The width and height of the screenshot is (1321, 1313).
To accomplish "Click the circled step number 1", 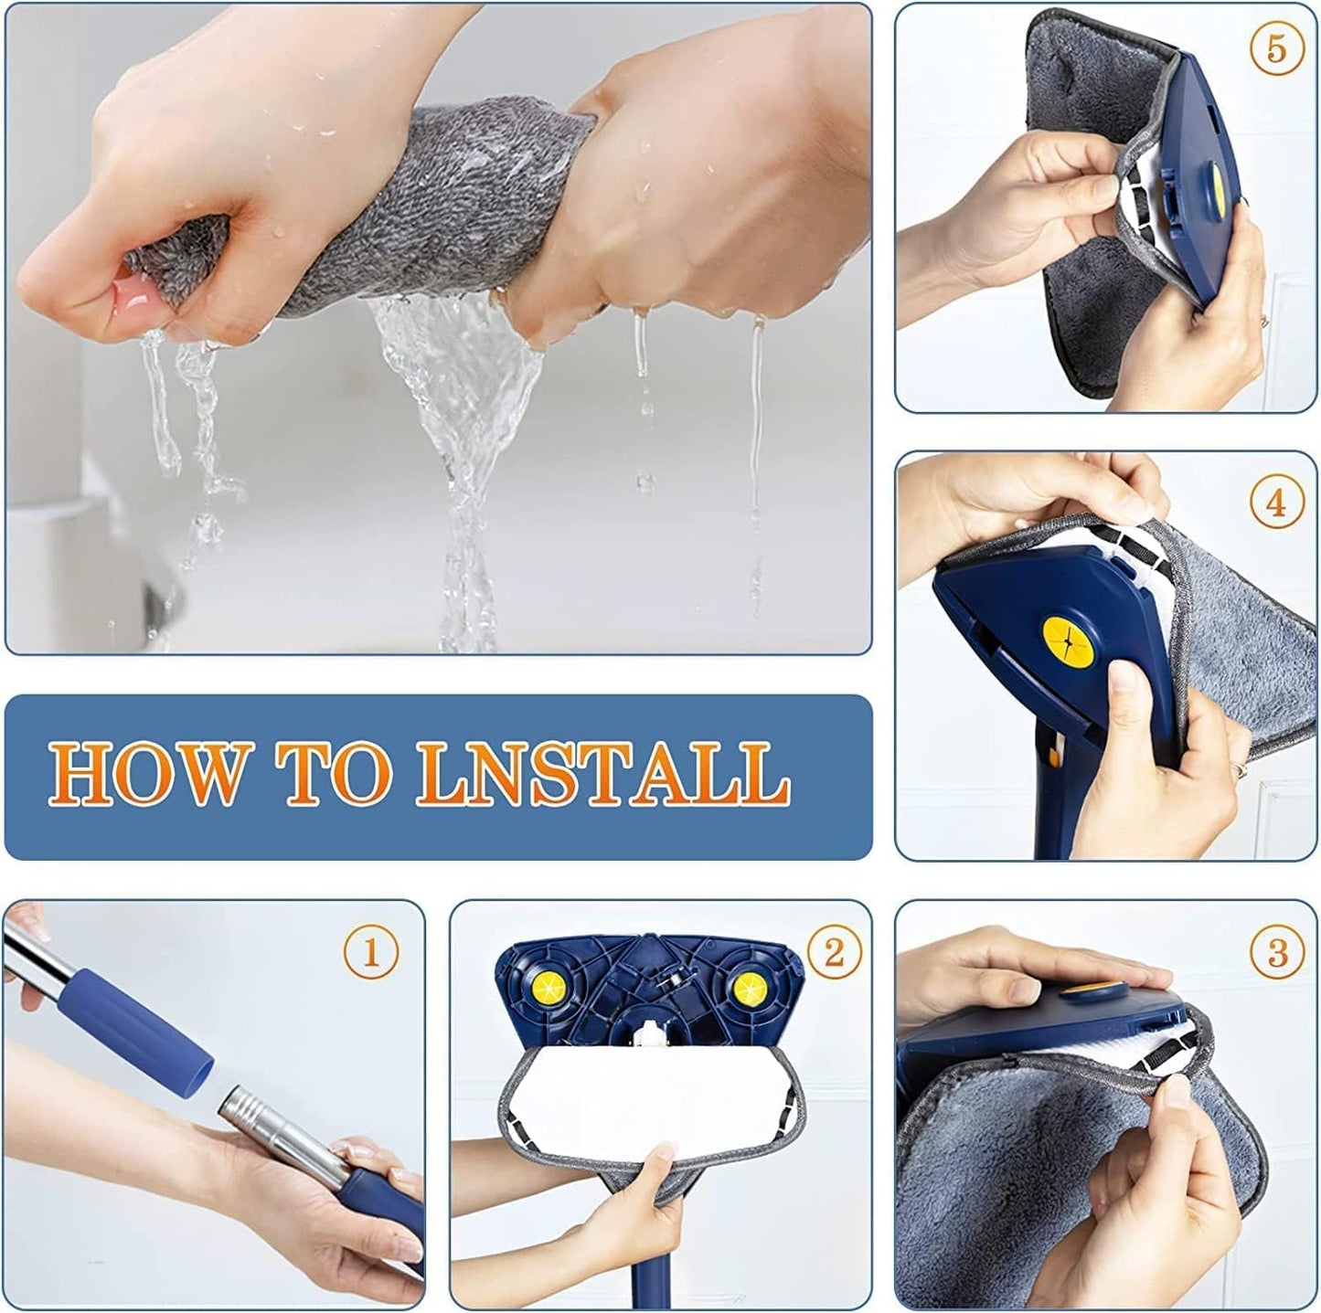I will click(370, 953).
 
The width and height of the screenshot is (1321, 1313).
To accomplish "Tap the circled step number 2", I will click(833, 953).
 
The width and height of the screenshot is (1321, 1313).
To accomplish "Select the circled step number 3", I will click(1277, 953).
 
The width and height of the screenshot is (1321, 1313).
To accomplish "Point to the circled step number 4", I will click(1275, 503).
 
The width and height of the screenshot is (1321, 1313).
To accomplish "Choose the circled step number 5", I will click(1275, 48).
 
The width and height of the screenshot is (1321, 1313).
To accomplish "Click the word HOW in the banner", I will click(146, 774).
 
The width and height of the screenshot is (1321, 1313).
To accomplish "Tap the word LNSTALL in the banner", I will click(603, 774).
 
